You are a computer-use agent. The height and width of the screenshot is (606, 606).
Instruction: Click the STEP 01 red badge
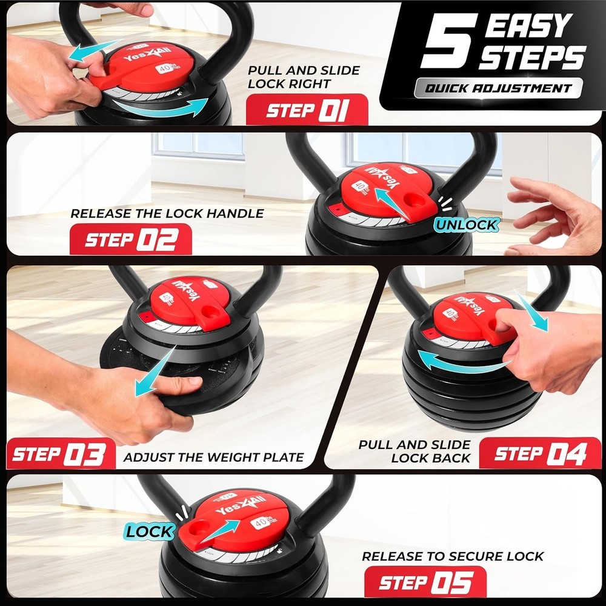(307, 110)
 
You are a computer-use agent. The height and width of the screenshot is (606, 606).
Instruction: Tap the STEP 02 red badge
(131, 239)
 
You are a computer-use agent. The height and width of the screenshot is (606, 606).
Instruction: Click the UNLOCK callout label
(466, 225)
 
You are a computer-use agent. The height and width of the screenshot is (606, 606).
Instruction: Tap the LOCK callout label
(149, 532)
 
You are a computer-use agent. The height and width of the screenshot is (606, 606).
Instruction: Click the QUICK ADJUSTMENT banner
(498, 88)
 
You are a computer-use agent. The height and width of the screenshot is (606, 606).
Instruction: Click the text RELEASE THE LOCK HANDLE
(167, 213)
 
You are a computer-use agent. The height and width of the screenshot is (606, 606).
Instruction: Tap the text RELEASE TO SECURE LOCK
(453, 556)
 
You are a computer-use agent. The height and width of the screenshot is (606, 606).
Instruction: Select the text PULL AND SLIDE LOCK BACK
(414, 451)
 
